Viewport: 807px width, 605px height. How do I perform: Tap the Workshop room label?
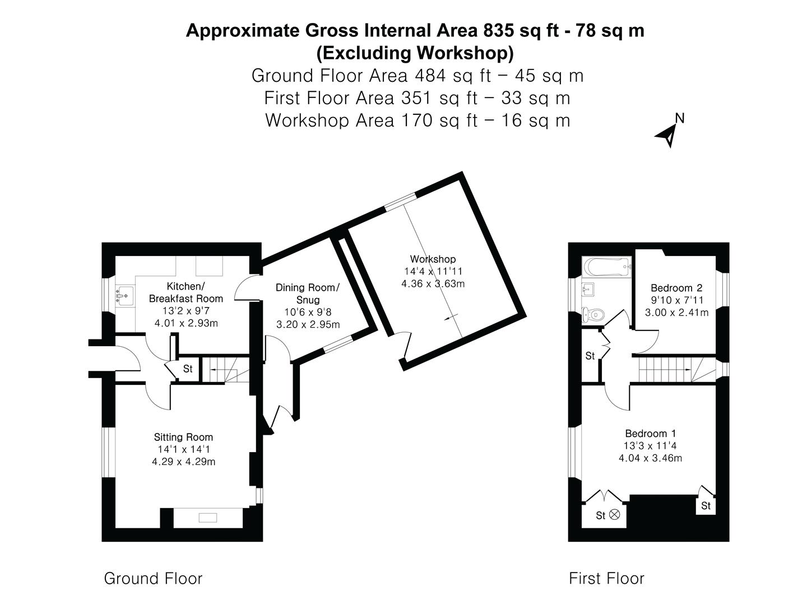pos(433,259)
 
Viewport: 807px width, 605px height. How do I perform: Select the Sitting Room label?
pos(183,437)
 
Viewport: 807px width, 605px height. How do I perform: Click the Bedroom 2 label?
pos(676,288)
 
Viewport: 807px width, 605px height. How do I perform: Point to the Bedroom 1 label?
pos(650,433)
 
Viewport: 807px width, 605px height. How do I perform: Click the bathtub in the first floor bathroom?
pos(606,267)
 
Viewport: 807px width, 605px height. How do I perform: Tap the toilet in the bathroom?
pos(592,315)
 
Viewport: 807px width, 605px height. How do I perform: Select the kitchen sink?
pos(125,294)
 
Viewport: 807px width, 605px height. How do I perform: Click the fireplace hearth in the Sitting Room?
pos(208,518)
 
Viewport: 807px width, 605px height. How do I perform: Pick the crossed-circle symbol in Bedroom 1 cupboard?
pos(615,514)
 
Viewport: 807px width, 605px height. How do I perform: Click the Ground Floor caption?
pos(153,578)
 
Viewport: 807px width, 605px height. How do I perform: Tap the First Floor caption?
pos(606,578)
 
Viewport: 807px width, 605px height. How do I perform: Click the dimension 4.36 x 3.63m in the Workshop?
pos(433,283)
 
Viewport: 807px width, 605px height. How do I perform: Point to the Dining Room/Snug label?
pos(307,294)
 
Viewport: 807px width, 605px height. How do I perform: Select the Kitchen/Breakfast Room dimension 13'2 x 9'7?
pos(185,311)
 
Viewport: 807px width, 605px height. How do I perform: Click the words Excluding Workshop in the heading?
pos(415,53)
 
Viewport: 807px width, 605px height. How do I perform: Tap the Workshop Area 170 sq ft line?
pos(418,120)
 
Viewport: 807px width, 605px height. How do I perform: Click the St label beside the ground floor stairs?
pos(188,369)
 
